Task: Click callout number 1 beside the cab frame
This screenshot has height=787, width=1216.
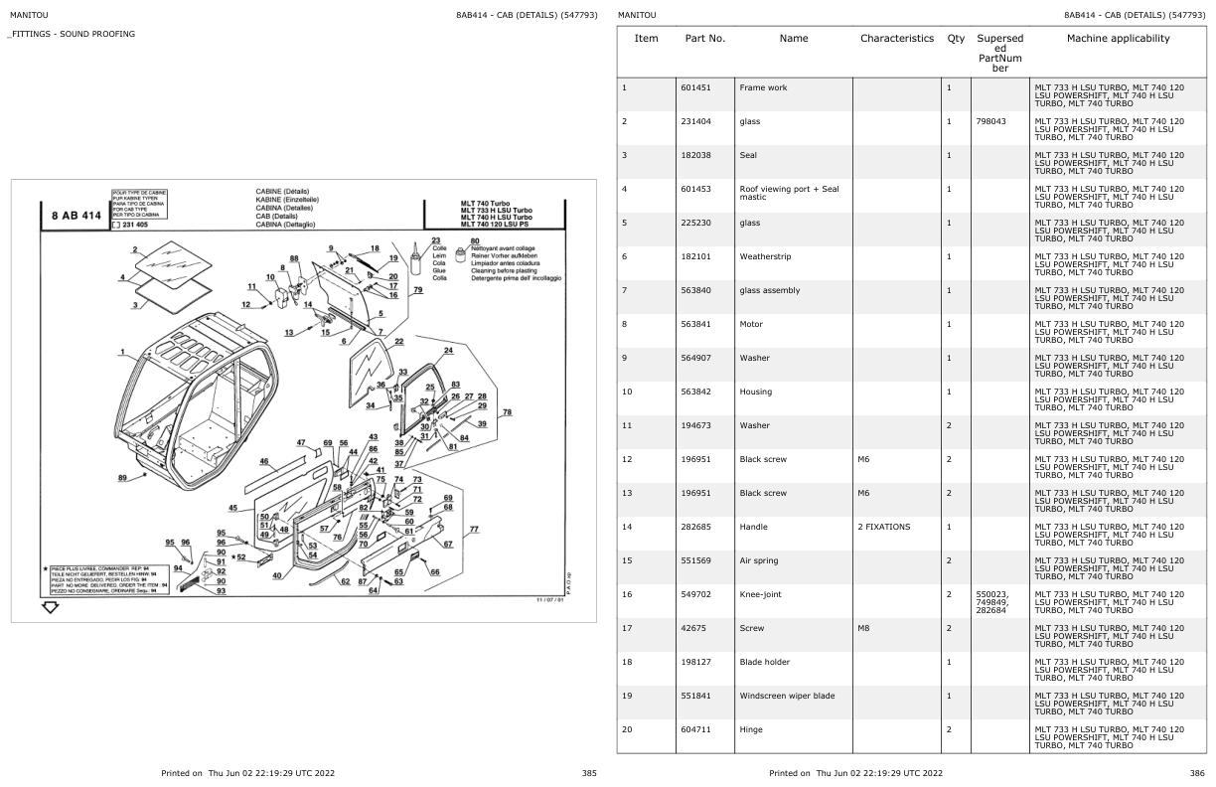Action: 122,351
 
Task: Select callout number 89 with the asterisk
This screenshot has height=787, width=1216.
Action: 122,478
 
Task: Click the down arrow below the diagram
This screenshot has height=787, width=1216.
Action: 50,607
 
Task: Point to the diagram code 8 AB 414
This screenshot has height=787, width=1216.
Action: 76,215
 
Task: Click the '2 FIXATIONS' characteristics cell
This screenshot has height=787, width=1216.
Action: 883,527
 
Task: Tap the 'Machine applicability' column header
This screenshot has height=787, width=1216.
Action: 1118,39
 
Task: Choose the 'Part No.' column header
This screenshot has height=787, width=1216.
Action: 705,39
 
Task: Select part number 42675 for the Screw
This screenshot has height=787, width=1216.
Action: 692,628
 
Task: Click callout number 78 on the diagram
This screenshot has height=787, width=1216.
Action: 507,411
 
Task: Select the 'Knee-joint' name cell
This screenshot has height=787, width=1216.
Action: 762,594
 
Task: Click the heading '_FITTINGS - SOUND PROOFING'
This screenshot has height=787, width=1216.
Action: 72,34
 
